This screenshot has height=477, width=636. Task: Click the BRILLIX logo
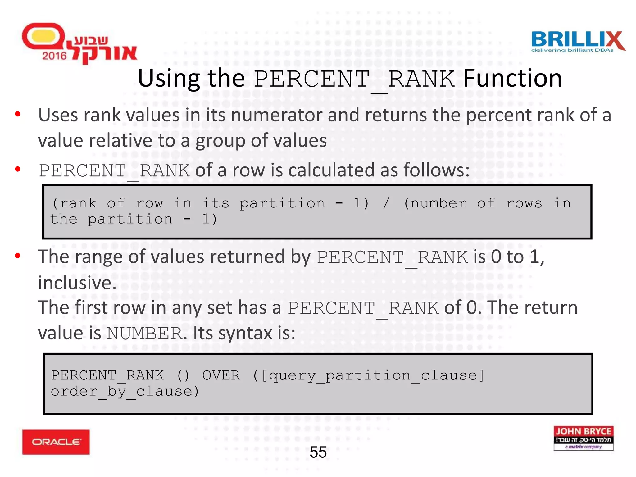[578, 42]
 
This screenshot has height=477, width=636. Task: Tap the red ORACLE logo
[56, 442]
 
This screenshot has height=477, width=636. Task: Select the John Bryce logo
[583, 438]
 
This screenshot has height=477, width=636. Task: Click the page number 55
[318, 452]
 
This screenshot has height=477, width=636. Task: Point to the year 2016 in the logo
[54, 56]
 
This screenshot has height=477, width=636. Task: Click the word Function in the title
[512, 78]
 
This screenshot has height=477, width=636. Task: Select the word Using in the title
[169, 79]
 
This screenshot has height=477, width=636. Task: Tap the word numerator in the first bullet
[277, 115]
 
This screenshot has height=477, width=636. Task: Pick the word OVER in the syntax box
[221, 375]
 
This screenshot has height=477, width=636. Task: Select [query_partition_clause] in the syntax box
[372, 375]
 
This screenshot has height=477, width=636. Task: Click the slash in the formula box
[386, 203]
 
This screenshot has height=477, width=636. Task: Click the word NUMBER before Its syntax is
[144, 334]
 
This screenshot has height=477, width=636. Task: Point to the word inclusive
[77, 283]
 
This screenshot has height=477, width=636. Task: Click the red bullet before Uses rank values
[18, 114]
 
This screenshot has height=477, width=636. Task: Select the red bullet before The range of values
[18, 256]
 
